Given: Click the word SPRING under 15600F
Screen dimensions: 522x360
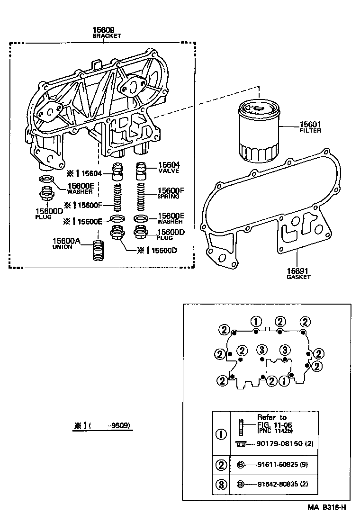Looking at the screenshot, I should tap(168, 196).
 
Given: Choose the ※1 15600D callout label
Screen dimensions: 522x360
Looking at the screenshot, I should tap(157, 251).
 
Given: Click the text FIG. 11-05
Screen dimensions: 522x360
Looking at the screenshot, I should tap(272, 424).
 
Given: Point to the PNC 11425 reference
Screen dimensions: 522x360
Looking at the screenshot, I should tap(275, 432).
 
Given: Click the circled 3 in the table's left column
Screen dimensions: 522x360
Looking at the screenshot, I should tap(221, 484).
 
